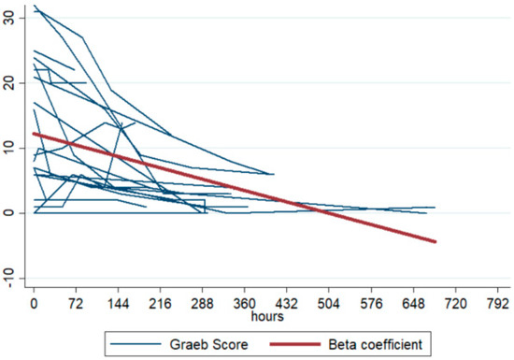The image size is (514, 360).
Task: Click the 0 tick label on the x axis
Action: point(35,305)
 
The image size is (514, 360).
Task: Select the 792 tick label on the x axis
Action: point(496,305)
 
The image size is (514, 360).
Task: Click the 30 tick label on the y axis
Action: point(8,18)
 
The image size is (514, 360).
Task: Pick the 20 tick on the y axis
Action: point(8,83)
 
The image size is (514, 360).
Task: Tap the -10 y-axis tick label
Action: point(8,279)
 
